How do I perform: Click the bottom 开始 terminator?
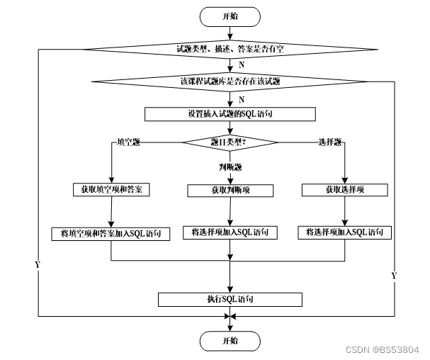coord(230,341)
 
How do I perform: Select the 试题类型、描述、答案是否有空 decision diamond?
coord(230,49)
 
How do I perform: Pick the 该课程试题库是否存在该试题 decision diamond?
coord(230,81)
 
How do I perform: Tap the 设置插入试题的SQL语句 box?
coord(230,113)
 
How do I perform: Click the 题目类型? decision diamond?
coord(230,142)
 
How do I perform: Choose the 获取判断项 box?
coord(230,190)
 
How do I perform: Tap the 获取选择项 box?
coord(344,190)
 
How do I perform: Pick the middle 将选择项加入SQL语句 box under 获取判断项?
coord(230,232)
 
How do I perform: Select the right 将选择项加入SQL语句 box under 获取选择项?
coord(348,232)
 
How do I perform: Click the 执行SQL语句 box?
coord(230,299)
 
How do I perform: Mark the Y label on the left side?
coord(37,264)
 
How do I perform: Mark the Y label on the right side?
coord(393,274)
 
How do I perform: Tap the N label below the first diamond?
coord(242,64)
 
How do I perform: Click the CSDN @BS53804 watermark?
coord(386,349)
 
